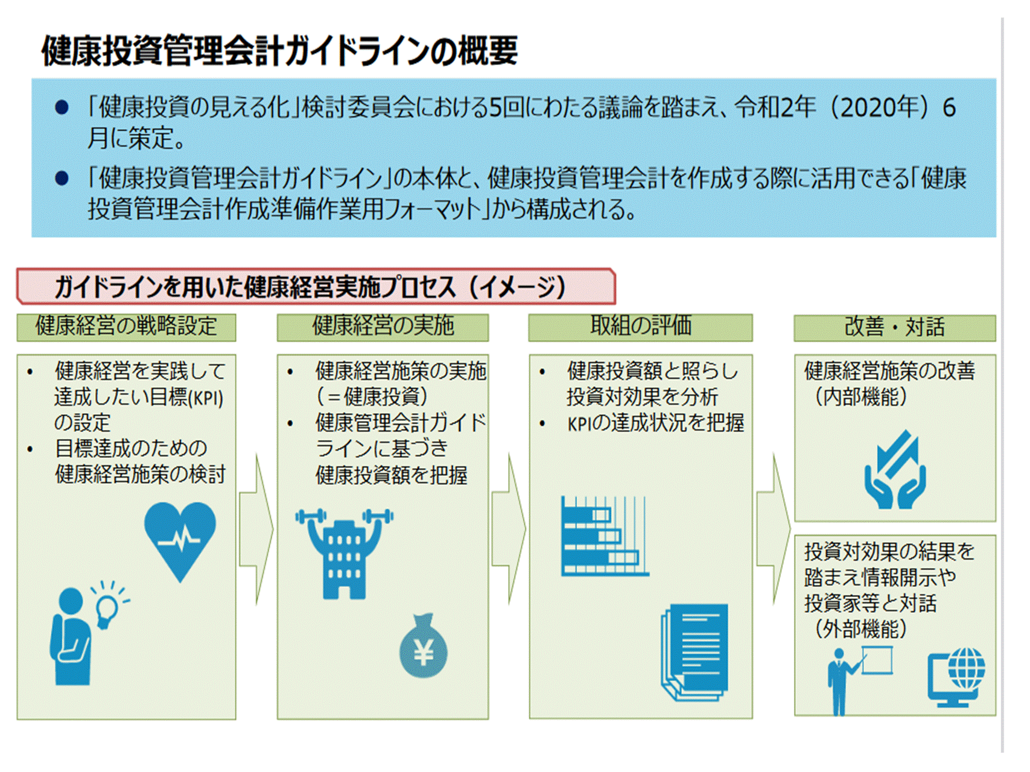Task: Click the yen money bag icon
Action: [x=424, y=648]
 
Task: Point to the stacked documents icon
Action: [x=696, y=652]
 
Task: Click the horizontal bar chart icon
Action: [x=604, y=536]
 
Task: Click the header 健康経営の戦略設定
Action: [x=126, y=327]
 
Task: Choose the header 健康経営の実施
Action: [x=383, y=327]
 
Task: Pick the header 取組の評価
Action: [x=640, y=327]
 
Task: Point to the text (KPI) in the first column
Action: [x=206, y=399]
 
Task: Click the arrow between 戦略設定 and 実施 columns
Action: [x=256, y=529]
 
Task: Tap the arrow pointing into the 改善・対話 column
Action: [x=774, y=529]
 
